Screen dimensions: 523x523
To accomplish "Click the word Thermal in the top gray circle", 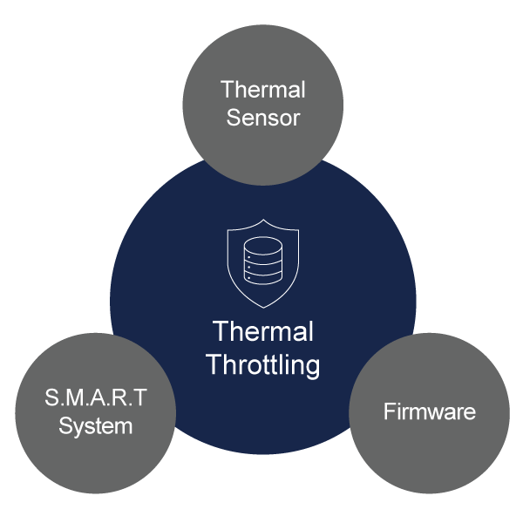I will (262, 90).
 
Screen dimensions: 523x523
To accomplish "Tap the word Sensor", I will (262, 118).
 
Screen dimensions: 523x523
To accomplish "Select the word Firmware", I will (430, 411).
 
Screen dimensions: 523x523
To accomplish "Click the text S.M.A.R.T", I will (96, 398).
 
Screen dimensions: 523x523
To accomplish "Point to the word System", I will (96, 426).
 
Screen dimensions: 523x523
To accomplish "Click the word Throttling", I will (263, 363).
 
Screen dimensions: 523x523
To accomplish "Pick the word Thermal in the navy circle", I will (263, 332).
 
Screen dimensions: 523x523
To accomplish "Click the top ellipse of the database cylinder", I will (262, 245).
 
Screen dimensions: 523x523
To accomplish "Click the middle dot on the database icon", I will (249, 267).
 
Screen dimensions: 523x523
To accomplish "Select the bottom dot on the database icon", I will (249, 278).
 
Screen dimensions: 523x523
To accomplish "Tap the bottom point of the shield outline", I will (262, 308).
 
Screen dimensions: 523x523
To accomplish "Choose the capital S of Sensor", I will (233, 118).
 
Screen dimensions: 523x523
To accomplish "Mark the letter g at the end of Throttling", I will (312, 366).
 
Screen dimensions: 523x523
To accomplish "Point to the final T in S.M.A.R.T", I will (140, 398).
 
